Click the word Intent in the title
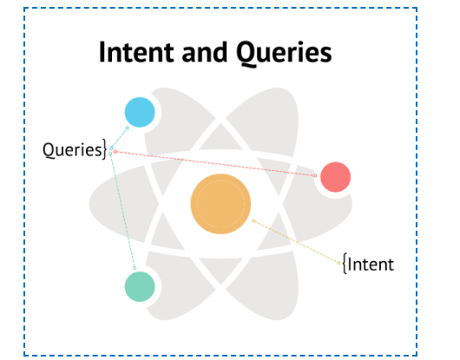coord(136,52)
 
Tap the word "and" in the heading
coord(205,52)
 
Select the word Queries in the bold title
coord(284,53)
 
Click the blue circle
coord(140,112)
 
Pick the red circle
coord(335,177)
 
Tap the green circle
coord(140,286)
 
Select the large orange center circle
coord(220,204)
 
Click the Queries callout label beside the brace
coord(72,150)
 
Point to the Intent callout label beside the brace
coord(371,265)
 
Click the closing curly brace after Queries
coord(104,149)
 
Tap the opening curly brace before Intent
coord(345,264)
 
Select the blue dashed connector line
coord(119,138)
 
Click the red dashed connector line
coord(215,164)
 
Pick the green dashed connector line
coord(122,211)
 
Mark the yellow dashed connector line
coord(296,242)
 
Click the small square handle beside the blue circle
coord(128,128)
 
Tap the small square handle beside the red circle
coord(315,175)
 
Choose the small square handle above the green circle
coord(135,268)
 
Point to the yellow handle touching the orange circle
coord(253,220)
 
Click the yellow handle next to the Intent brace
coord(338,263)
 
